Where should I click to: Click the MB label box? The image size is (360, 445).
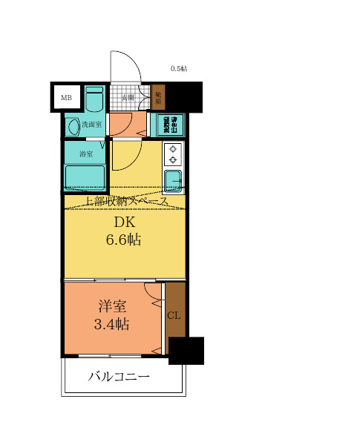click(x=66, y=97)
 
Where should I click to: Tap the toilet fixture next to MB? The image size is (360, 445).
click(x=94, y=99)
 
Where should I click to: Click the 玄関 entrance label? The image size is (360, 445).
click(x=128, y=98)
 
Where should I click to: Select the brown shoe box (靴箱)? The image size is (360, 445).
click(x=158, y=99)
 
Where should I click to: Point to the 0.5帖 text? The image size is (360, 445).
click(x=179, y=69)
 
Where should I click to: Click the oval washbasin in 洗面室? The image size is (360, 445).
click(x=73, y=127)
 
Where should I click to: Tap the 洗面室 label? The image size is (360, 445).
click(x=92, y=125)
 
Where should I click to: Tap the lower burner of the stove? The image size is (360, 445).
click(x=174, y=159)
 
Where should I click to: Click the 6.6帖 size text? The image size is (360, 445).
click(x=124, y=240)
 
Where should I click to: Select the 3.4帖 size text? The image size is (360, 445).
click(x=111, y=324)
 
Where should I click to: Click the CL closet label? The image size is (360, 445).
click(x=174, y=316)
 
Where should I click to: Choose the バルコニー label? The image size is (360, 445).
click(x=120, y=377)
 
